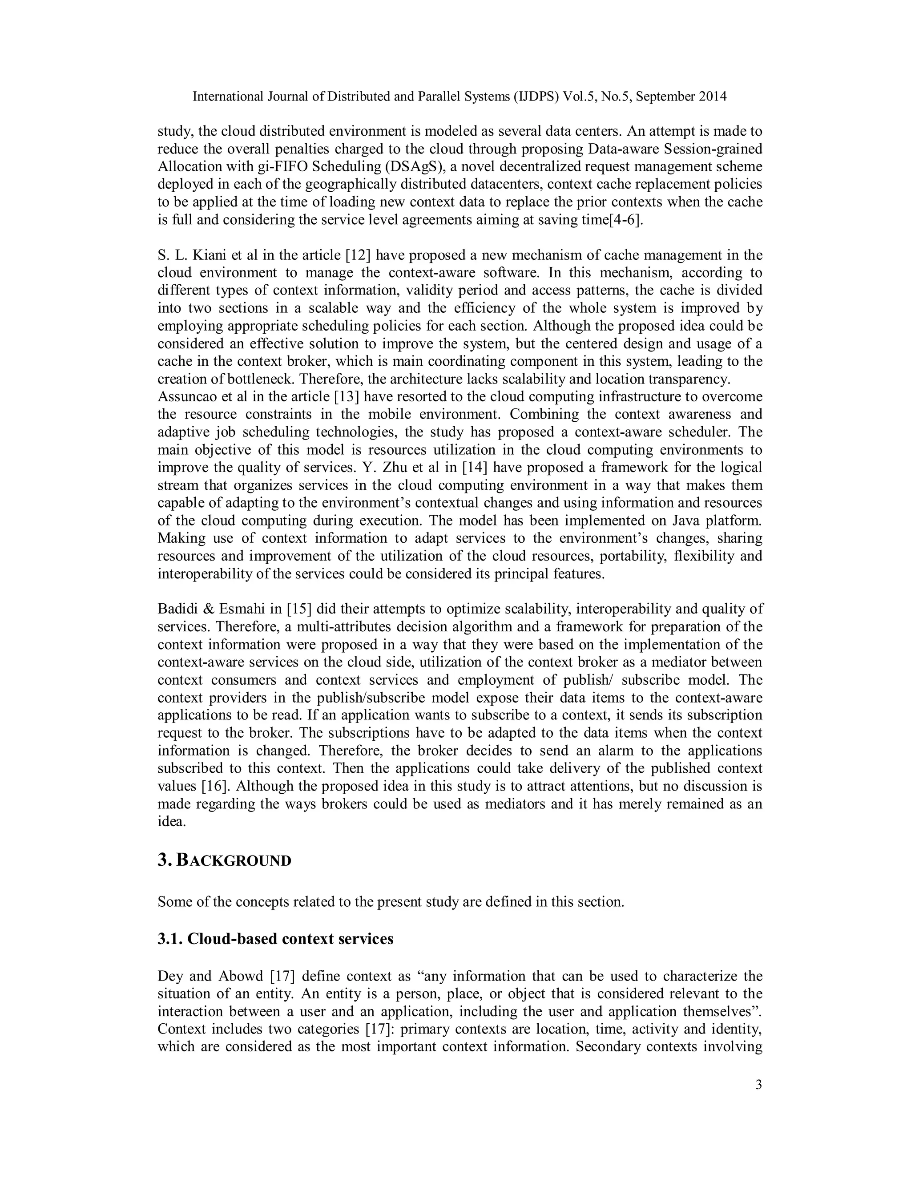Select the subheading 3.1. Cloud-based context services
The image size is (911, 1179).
[x=275, y=939]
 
